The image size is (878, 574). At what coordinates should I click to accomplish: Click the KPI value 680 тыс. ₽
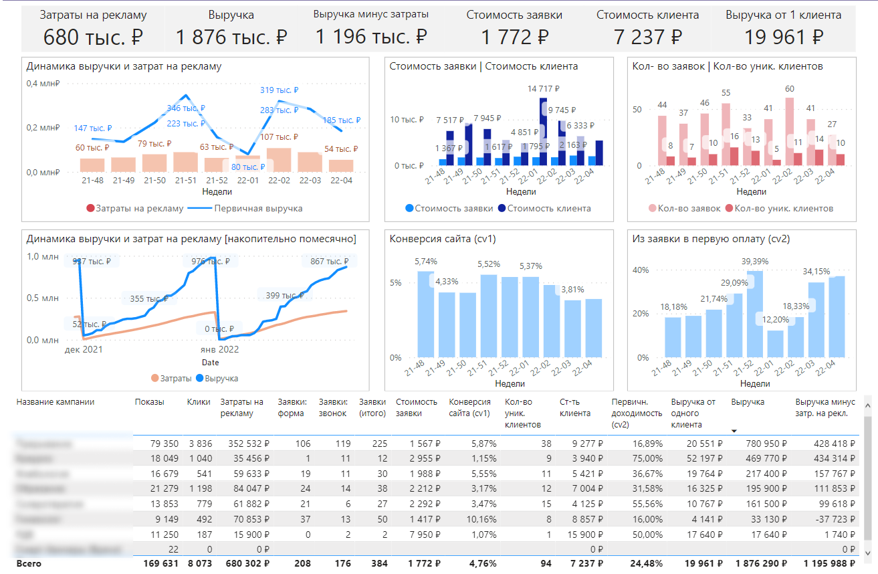point(93,37)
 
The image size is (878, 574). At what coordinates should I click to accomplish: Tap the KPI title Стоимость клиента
point(647,15)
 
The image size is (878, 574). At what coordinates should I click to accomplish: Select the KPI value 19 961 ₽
point(784,37)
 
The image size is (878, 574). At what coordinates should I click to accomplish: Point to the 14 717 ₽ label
point(545,88)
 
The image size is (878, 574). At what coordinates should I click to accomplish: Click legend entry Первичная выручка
point(258,208)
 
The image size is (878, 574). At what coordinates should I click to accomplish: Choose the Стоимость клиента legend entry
point(548,208)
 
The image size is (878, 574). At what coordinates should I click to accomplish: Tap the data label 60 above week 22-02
point(790,89)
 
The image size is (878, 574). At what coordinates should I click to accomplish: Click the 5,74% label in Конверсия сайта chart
point(425,262)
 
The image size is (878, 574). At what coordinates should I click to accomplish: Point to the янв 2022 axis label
point(219,349)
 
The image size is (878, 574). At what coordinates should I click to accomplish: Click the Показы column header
point(149,402)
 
